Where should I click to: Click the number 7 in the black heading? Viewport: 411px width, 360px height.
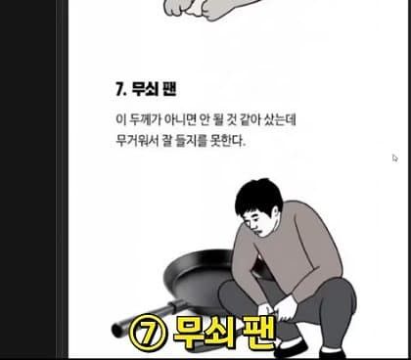pyautogui.click(x=119, y=89)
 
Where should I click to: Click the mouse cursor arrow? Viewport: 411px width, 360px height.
pyautogui.click(x=394, y=158)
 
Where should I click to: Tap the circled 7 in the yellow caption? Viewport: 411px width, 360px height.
pyautogui.click(x=148, y=332)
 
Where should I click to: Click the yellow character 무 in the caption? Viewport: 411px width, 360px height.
pyautogui.click(x=189, y=332)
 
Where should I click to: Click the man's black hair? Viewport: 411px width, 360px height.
pyautogui.click(x=257, y=196)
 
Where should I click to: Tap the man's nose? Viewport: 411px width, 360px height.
pyautogui.click(x=254, y=226)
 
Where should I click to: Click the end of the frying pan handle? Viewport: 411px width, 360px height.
pyautogui.click(x=116, y=330)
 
